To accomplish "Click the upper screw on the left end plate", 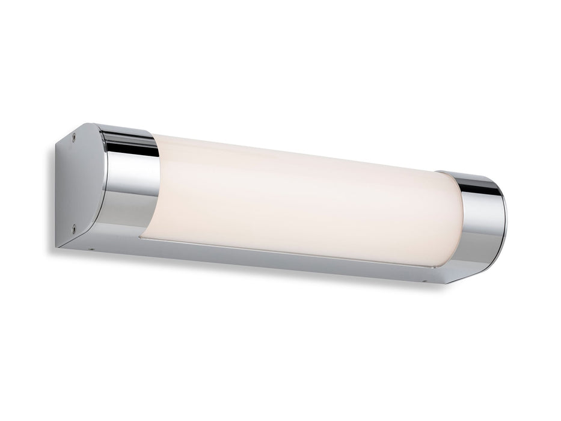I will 73,136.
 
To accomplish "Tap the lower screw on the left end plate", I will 73,227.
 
